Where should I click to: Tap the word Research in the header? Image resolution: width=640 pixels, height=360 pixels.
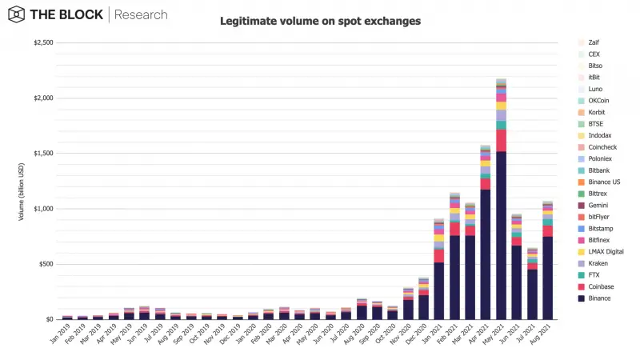point(142,14)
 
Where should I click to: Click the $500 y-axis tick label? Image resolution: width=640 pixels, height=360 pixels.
point(46,264)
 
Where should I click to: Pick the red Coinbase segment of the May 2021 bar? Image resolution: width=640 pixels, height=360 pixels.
point(501,140)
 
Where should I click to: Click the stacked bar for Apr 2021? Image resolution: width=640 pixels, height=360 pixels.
point(486,240)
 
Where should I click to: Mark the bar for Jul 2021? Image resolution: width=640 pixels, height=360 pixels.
point(532,288)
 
